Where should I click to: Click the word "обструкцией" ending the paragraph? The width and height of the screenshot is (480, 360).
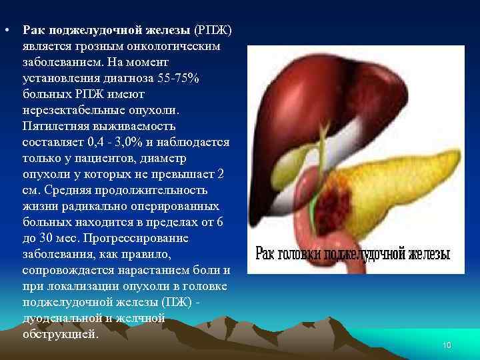(61, 334)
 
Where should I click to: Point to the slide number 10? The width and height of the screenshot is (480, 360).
(447, 345)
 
